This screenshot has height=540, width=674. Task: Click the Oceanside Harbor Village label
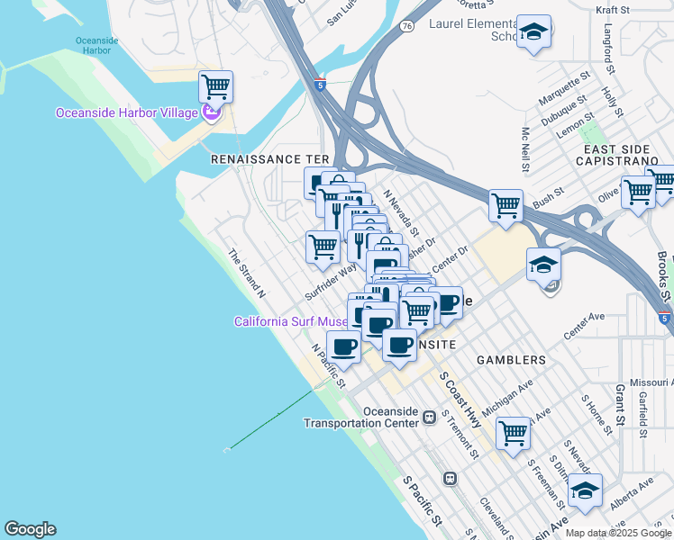[x=126, y=112]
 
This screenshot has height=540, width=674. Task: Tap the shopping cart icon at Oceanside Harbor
[x=215, y=88]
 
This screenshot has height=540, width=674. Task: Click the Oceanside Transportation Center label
[x=360, y=417]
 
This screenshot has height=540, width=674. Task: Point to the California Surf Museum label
[x=291, y=321]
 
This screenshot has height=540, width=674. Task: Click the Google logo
[x=30, y=529]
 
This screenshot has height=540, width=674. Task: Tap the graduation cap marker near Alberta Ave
[x=585, y=490]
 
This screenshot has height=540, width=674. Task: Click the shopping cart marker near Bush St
[x=505, y=205]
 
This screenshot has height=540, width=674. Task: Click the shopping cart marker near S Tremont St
[x=513, y=432]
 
